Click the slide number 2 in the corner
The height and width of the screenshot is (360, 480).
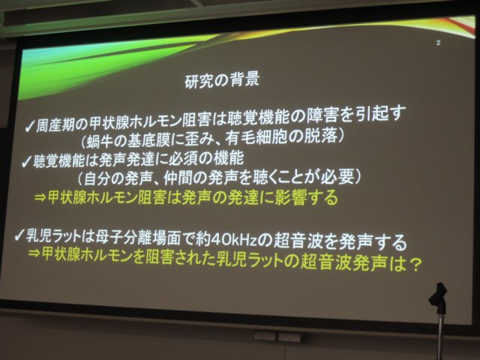pyautogui.click(x=438, y=43)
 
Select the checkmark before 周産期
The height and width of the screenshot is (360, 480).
pyautogui.click(x=30, y=127)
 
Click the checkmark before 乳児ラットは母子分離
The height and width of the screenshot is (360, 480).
pyautogui.click(x=19, y=236)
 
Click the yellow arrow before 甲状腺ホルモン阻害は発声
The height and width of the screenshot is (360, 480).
pyautogui.click(x=40, y=198)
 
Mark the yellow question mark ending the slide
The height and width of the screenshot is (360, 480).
pyautogui.click(x=415, y=265)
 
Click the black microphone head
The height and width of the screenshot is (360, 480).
pyautogui.click(x=438, y=295)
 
